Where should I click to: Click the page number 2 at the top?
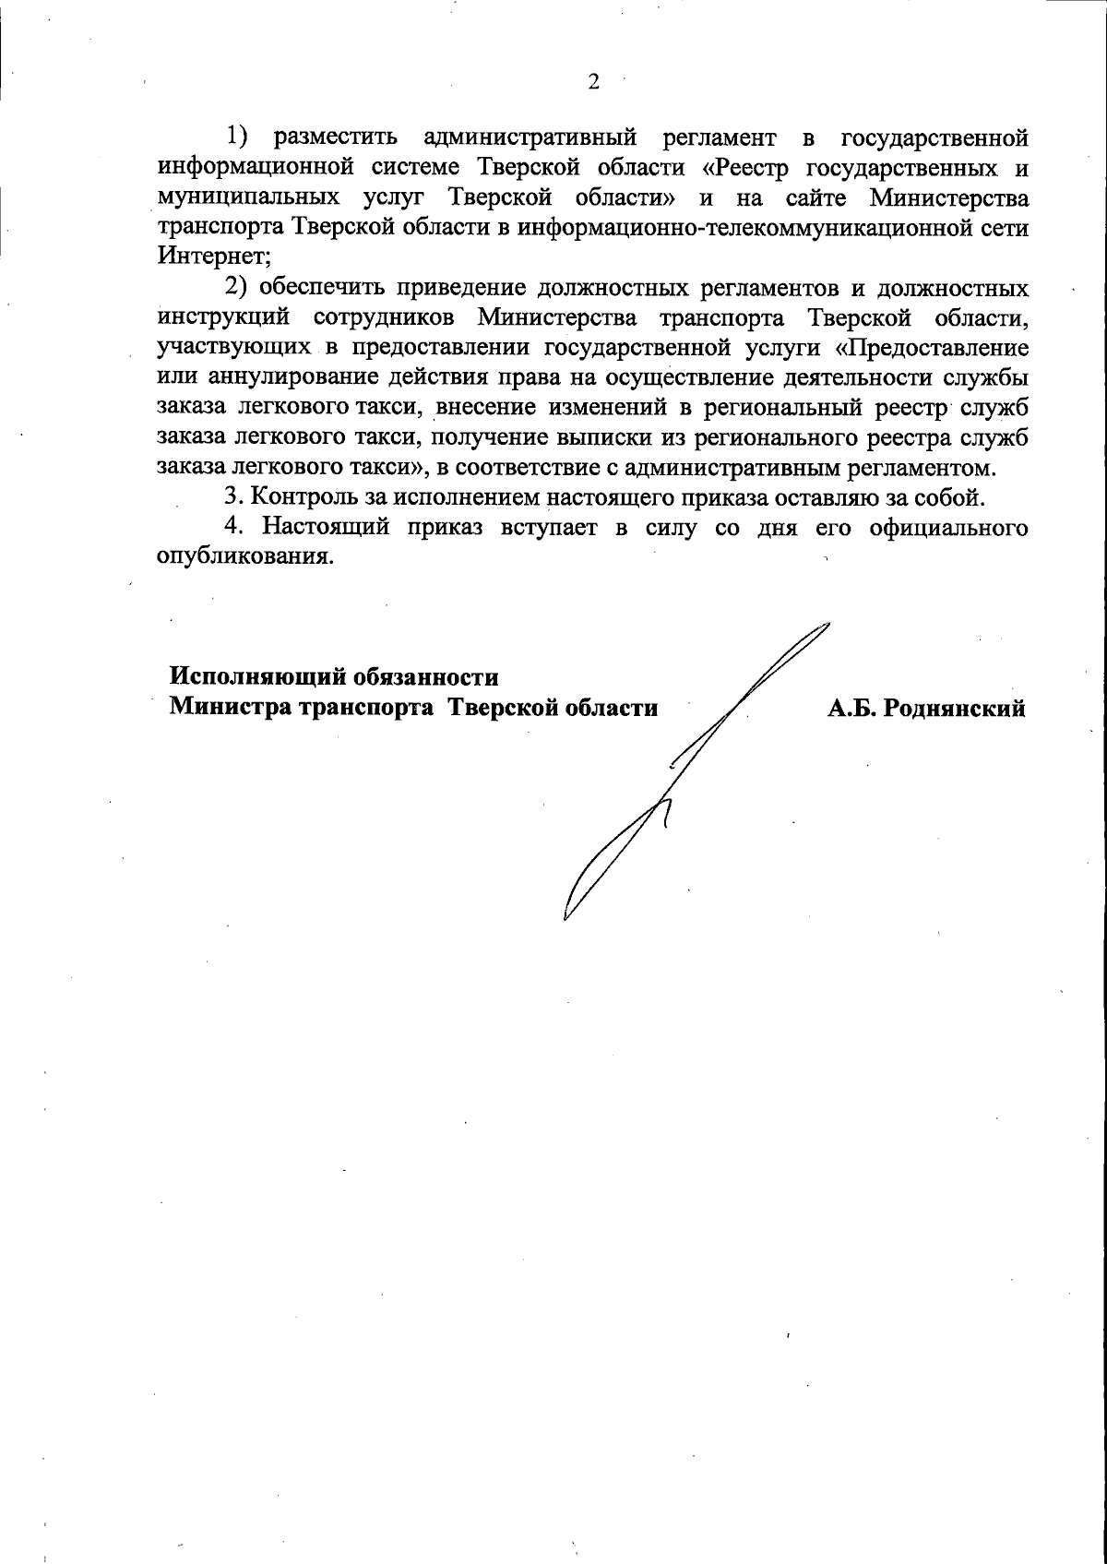click(593, 83)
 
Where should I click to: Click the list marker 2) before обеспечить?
click(237, 287)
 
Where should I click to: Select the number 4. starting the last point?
click(234, 527)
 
